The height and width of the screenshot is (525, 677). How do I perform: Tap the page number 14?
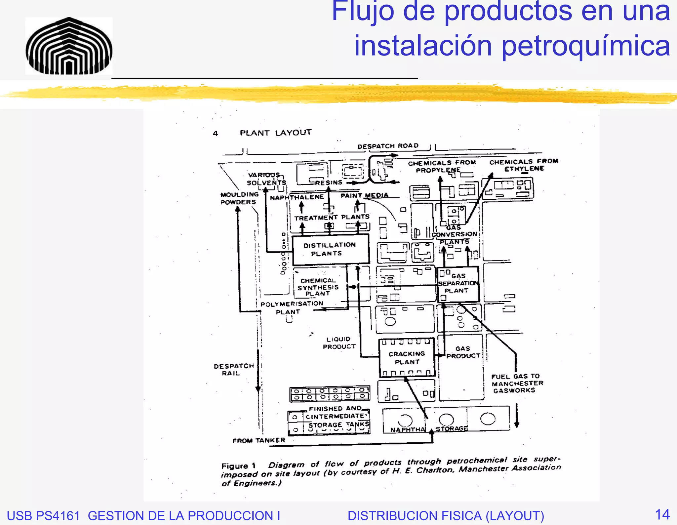pyautogui.click(x=662, y=514)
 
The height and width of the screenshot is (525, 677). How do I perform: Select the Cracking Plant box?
pyautogui.click(x=407, y=358)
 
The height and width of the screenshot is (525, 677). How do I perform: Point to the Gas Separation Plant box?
pyautogui.click(x=458, y=284)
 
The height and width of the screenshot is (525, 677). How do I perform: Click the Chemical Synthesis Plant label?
pyautogui.click(x=318, y=287)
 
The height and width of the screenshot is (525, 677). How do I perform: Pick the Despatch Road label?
pyautogui.click(x=388, y=146)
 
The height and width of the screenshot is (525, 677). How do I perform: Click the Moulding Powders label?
pyautogui.click(x=239, y=198)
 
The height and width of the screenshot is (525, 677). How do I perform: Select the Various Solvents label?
pyautogui.click(x=266, y=179)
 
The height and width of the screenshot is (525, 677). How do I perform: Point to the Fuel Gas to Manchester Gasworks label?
pyautogui.click(x=517, y=384)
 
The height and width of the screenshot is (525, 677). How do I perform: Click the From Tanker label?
pyautogui.click(x=259, y=440)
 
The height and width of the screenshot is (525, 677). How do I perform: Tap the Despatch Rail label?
pyautogui.click(x=233, y=370)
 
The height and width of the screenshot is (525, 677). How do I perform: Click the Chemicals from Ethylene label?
pyautogui.click(x=524, y=165)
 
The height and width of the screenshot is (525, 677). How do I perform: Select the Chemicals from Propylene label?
pyautogui.click(x=442, y=166)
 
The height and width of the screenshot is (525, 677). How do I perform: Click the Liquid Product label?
pyautogui.click(x=339, y=343)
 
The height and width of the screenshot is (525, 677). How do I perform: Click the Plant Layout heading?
pyautogui.click(x=275, y=133)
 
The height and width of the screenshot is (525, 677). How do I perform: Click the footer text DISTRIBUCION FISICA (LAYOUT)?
pyautogui.click(x=446, y=516)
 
